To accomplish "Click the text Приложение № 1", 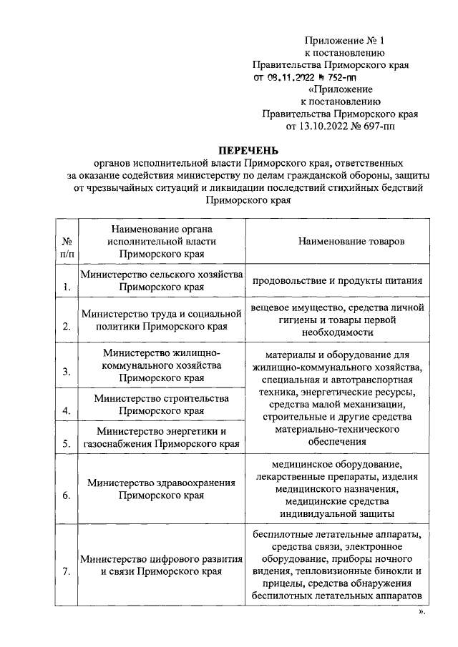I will [344, 39].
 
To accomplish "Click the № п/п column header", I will [66, 247].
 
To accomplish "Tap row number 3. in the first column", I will [66, 372].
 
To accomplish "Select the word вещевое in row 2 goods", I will [271, 307].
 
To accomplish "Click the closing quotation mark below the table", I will [422, 612].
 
